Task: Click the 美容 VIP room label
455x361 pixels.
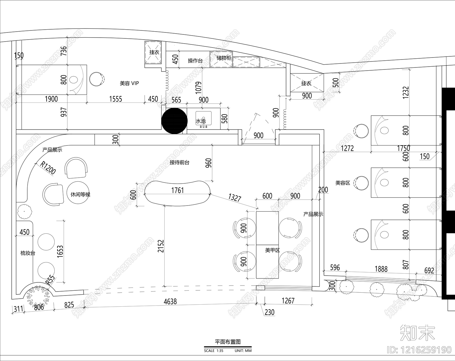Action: tap(129, 83)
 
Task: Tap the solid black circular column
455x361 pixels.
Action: tap(174, 121)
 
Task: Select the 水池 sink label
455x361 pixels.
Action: tap(200, 121)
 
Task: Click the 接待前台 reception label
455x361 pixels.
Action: tap(179, 163)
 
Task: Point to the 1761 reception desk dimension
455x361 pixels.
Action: tap(177, 190)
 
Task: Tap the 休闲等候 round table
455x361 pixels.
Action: tap(80, 194)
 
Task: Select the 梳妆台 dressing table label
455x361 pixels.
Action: tap(28, 253)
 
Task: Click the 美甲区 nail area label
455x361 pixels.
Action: tap(272, 250)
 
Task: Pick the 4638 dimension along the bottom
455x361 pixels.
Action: tap(170, 301)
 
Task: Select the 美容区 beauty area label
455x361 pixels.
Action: tap(343, 183)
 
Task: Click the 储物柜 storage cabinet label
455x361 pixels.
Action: tap(224, 58)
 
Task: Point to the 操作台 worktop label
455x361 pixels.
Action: tap(195, 61)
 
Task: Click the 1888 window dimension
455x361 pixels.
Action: tap(381, 269)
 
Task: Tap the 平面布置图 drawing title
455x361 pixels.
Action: tap(227, 342)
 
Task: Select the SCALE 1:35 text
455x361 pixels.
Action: tap(214, 351)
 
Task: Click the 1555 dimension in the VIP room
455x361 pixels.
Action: tap(115, 99)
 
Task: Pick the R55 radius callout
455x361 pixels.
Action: tap(51, 280)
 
